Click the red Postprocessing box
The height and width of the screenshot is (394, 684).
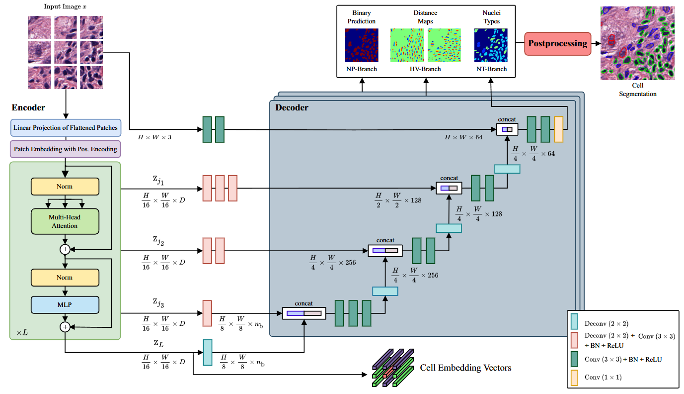point(557,44)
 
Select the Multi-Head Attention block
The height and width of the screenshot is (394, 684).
point(65,222)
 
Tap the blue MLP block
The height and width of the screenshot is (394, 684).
point(65,304)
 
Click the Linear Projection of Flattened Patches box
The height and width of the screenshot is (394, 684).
point(66,127)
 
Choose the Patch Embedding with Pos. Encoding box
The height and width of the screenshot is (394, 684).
point(66,149)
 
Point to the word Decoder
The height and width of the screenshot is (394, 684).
point(292,107)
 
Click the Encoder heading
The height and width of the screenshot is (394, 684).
point(28,108)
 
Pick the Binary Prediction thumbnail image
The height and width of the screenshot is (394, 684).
point(362,45)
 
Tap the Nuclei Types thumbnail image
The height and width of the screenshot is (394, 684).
point(490,45)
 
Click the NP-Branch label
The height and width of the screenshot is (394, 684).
point(362,69)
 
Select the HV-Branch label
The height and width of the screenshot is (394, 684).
point(425,69)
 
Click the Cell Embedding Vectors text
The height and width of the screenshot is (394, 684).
point(465,368)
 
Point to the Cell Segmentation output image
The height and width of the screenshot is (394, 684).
point(637,43)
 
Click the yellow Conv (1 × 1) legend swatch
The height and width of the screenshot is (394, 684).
point(575,377)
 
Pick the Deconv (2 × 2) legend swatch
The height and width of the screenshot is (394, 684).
point(575,322)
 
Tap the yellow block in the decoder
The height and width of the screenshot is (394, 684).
point(558,129)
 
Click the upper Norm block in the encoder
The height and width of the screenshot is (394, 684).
point(65,187)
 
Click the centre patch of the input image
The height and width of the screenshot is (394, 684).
point(66,52)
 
